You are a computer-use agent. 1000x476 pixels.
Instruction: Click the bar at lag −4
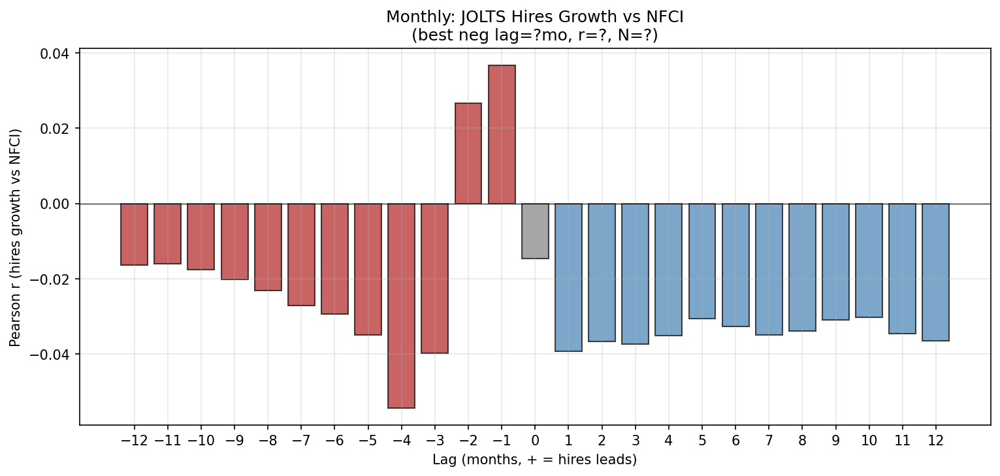401,306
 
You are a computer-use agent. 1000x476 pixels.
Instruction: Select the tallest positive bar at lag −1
502,135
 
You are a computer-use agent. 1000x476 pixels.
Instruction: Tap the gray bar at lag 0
535,231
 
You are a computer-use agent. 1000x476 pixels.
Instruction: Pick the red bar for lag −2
468,153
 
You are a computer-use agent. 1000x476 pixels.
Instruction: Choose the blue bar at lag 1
568,278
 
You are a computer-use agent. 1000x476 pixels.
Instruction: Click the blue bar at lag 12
935,272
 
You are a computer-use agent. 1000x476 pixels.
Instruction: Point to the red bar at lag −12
134,234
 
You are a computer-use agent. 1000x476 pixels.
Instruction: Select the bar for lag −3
434,278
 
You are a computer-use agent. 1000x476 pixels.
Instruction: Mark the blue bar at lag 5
702,261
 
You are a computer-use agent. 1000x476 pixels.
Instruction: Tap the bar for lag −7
301,255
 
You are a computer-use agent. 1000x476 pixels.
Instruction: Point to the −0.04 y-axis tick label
54,355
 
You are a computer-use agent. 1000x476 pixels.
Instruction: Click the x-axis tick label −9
234,440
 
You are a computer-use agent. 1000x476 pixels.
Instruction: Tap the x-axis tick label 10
869,440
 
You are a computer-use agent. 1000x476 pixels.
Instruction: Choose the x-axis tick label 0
535,440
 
